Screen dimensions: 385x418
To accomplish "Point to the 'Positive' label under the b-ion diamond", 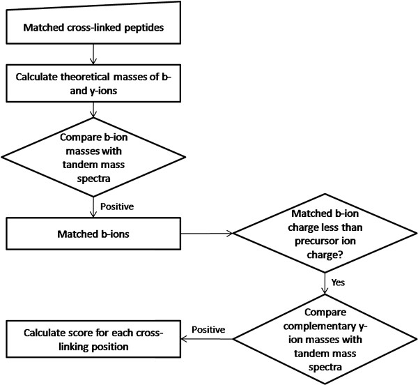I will [117, 206].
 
